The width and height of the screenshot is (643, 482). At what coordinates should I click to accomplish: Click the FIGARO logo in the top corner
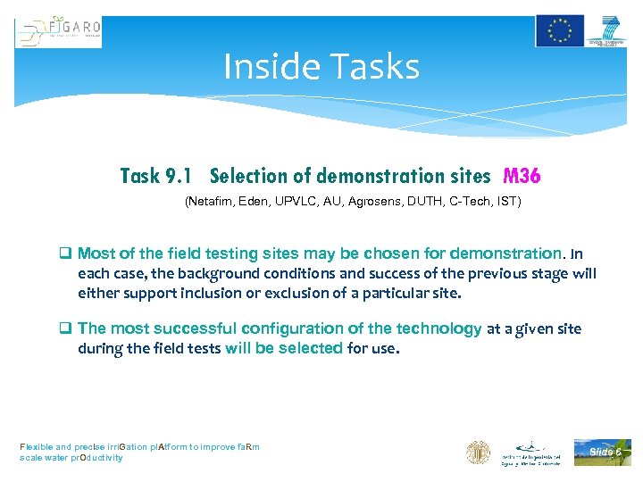point(58,32)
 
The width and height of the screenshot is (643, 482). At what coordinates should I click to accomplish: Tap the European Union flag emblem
point(560,30)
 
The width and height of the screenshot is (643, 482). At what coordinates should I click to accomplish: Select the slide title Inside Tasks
point(321,67)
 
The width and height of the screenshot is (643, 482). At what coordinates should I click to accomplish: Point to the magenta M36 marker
point(522,176)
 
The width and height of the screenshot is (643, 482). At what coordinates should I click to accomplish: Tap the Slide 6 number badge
point(603,452)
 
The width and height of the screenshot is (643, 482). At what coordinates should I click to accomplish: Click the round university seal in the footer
point(478,453)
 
